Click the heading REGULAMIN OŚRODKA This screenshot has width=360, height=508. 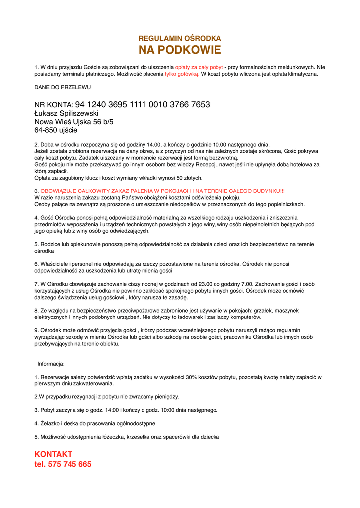pyautogui.click(x=180, y=38)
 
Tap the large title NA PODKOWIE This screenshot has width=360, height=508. pyautogui.click(x=180, y=50)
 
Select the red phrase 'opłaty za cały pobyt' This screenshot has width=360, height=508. pyautogui.click(x=199, y=67)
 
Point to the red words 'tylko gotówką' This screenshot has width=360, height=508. pyautogui.click(x=182, y=74)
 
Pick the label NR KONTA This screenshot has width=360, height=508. pyautogui.click(x=54, y=105)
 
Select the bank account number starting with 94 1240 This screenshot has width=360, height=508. pyautogui.click(x=143, y=105)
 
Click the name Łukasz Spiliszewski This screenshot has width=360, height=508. pyautogui.click(x=66, y=113)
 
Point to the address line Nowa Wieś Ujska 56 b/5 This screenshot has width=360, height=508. pyautogui.click(x=74, y=122)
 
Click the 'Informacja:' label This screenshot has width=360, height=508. pyautogui.click(x=51, y=364)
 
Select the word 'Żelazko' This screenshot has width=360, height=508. pyautogui.click(x=51, y=424)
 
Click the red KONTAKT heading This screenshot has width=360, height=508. pyautogui.click(x=54, y=454)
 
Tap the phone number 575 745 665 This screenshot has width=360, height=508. pyautogui.click(x=70, y=465)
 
